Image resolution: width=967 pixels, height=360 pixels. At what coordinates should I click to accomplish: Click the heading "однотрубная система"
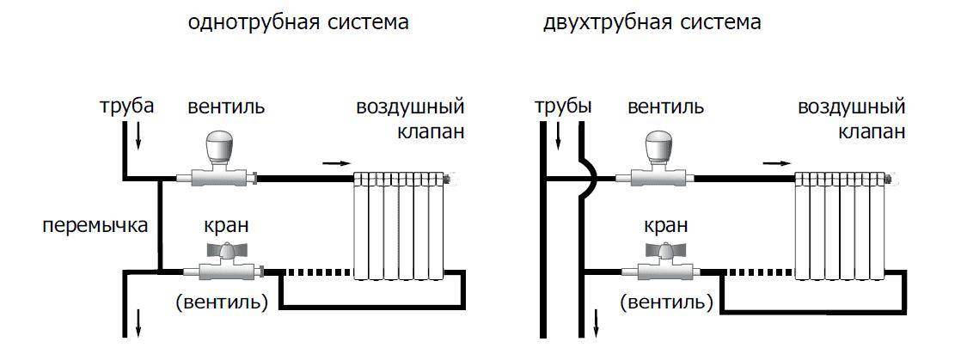298,23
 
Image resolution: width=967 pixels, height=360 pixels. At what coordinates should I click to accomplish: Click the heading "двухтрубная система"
652,23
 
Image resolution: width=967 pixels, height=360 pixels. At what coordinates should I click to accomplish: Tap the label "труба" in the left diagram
126,107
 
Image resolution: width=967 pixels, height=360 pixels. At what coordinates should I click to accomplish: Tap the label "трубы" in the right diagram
563,107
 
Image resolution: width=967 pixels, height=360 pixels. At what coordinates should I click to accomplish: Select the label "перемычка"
95,226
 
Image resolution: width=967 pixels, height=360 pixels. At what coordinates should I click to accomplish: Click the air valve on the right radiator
891,180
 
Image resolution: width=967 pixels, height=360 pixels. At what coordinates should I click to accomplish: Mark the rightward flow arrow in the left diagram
336,162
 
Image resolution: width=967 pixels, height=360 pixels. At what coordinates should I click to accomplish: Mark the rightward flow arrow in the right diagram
778,162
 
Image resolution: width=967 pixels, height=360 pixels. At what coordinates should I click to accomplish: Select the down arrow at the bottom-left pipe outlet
138,326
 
